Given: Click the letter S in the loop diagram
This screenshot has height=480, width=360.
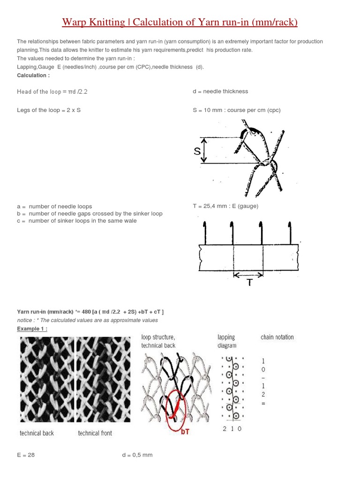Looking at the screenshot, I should pos(197,151).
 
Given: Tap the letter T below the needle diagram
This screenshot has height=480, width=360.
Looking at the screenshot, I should pos(249,282).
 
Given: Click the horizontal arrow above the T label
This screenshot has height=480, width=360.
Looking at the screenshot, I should pos(248,274).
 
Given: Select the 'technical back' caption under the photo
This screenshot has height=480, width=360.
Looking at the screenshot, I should pos(37,433).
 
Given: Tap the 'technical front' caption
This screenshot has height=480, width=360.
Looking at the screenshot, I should pos(95,433).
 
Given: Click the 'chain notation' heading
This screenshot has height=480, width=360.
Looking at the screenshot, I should pos(277,337).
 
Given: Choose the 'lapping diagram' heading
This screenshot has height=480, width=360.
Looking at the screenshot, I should pos(227,341).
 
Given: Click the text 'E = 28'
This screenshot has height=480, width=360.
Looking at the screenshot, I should pos(26,455).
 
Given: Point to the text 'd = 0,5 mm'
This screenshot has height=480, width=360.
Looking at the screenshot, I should pos(137,455).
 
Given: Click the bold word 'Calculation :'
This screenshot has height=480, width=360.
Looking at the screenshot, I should pos(33,75).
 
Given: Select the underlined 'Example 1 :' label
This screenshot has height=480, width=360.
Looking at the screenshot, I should pos(32,329).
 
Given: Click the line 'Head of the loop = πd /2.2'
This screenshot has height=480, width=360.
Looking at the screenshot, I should pos(52,91).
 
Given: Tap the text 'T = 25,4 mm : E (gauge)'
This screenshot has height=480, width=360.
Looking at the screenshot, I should pos(225,206).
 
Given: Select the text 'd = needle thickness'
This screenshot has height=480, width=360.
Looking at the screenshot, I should pos(220,91).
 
